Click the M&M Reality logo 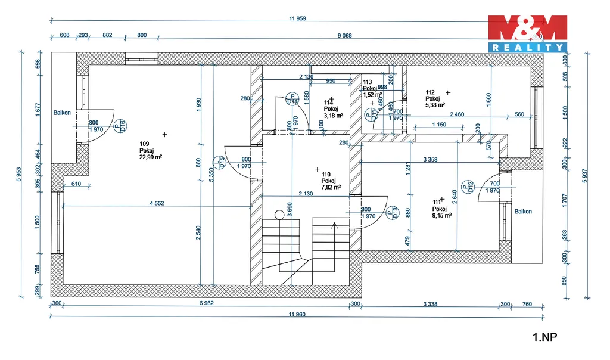coord(527,33)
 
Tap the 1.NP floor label coord(544,337)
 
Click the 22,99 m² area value coord(151,157)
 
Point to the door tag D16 coord(123,126)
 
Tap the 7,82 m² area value coord(331,187)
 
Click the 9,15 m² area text coord(442,216)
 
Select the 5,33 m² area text coord(435,105)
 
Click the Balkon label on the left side coord(62,113)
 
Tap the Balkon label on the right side coord(523,212)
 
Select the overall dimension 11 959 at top coord(297,18)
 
